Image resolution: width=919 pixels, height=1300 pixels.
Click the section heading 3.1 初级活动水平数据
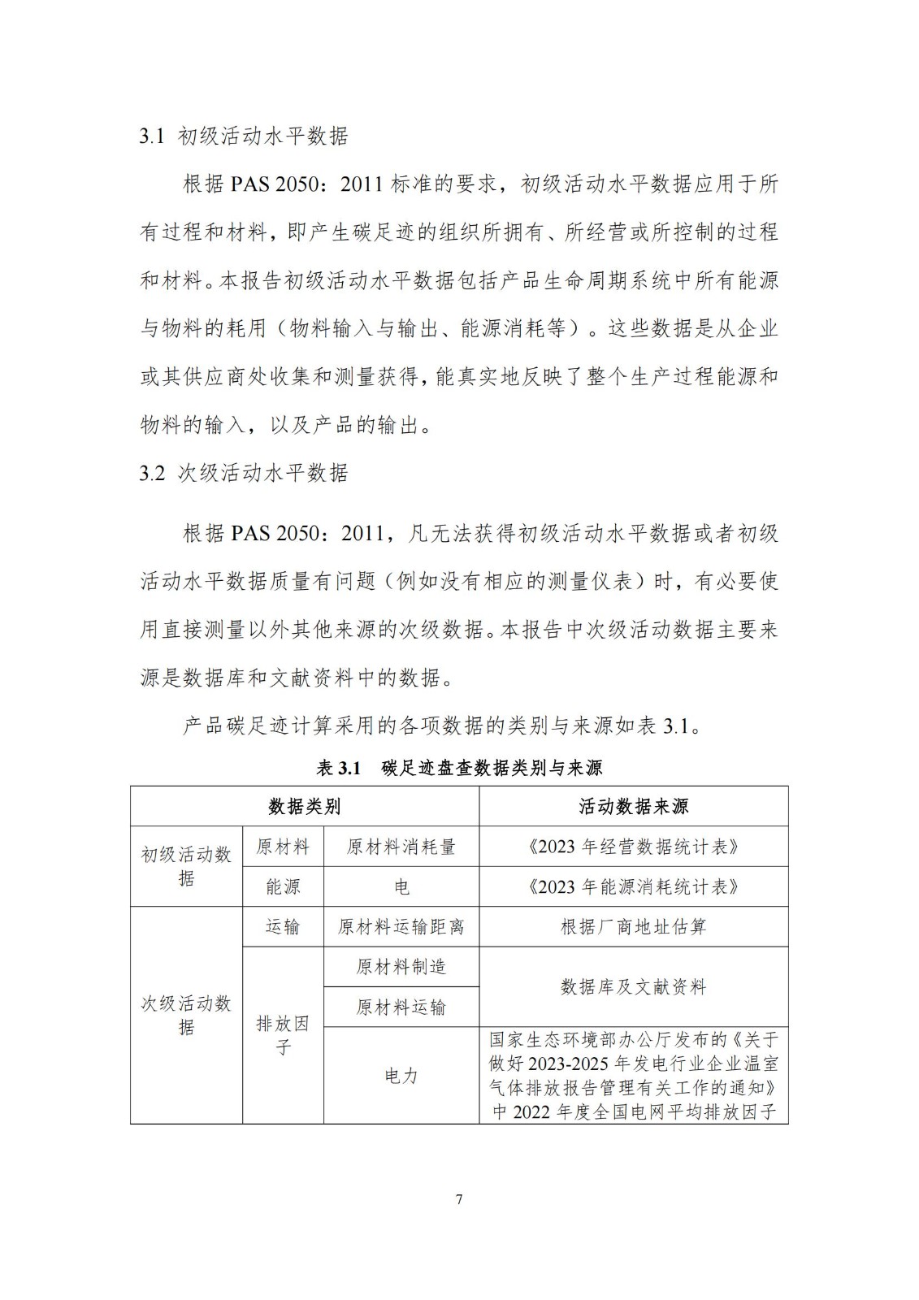coord(243,136)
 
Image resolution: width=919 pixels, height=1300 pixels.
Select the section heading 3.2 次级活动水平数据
coord(243,473)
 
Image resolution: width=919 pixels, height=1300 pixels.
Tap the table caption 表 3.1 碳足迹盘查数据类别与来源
coord(459,768)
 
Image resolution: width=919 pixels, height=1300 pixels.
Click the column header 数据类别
coord(304,807)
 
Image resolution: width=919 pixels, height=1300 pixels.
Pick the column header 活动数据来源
coord(633,807)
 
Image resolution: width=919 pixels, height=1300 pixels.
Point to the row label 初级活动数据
coord(186,866)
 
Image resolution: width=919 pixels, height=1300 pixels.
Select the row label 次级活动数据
coord(186,1015)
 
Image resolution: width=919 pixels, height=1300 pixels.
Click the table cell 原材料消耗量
coord(401,847)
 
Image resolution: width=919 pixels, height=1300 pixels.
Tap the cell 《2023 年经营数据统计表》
coord(633,847)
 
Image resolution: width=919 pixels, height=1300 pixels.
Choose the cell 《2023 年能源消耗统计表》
coord(633,886)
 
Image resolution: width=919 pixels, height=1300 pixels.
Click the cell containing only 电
coord(401,886)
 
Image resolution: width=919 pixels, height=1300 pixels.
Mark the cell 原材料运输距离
coord(401,927)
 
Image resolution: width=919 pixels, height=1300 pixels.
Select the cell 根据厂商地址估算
coord(633,927)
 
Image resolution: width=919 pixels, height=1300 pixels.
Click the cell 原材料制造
coord(401,967)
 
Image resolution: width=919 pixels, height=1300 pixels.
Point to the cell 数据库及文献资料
coord(633,987)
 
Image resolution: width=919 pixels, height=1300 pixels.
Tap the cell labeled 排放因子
coord(283,1035)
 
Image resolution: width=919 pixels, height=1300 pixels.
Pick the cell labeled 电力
coord(401,1076)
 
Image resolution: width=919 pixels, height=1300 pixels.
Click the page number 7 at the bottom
coord(459,1199)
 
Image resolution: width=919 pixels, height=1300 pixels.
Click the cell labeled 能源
coord(283,886)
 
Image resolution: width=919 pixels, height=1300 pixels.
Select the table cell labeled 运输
coord(283,927)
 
